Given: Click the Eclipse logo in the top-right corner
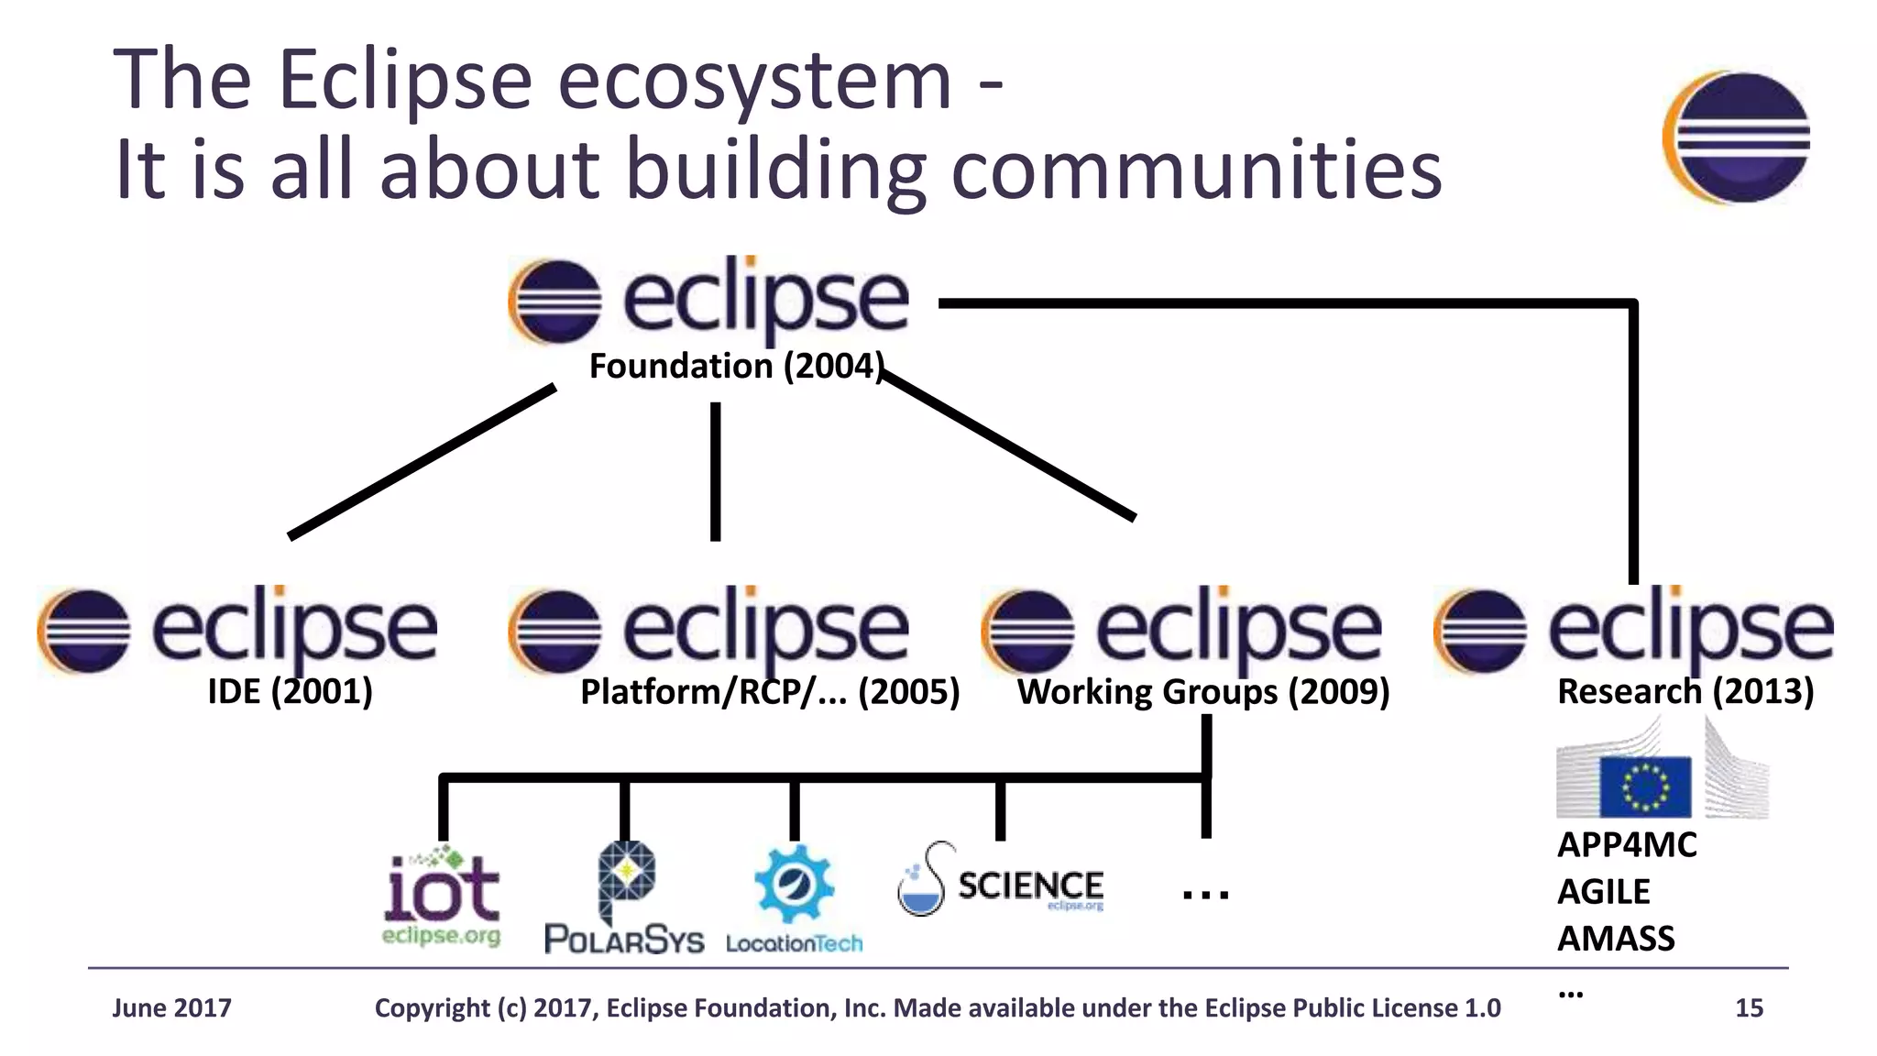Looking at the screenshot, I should [1736, 137].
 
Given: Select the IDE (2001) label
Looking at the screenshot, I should [290, 691].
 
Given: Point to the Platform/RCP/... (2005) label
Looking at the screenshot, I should [770, 692].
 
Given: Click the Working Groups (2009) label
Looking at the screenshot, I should [1203, 692].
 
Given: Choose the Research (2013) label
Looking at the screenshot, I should [1685, 691].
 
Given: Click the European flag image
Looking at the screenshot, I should [1645, 786].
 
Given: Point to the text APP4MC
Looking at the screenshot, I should [1627, 845].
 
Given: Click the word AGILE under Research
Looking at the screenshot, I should [1604, 892].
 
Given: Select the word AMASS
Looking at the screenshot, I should [1616, 939].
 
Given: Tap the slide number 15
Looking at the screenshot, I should [1749, 1008].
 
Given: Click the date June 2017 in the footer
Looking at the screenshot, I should [171, 1008].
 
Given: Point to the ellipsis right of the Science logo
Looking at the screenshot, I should [1205, 894].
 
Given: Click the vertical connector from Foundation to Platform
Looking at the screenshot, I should [715, 471].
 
